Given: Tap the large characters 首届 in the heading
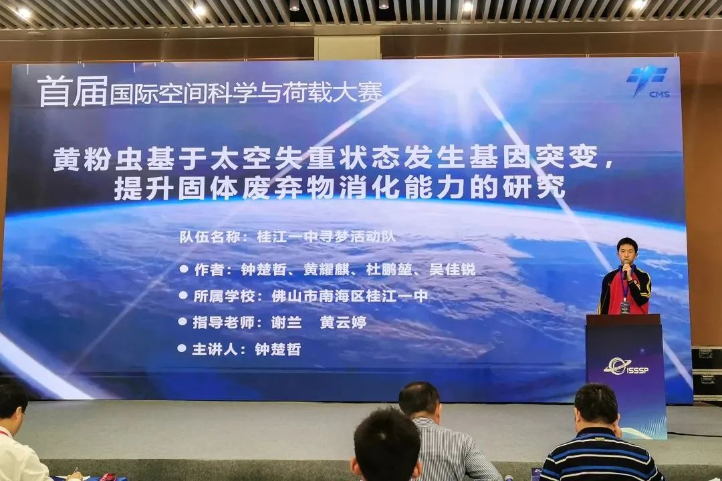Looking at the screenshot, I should click(x=72, y=92).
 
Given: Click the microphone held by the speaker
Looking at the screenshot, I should click(x=626, y=269).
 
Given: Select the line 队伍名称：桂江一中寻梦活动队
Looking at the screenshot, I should click(x=292, y=236).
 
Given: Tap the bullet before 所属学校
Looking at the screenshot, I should click(x=183, y=295).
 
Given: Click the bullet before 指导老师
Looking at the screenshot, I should click(x=183, y=321).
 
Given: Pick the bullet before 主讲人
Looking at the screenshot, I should click(x=182, y=348).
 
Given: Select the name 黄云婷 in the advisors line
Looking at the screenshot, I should click(x=343, y=322).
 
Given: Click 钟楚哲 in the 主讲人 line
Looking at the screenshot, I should click(x=278, y=349).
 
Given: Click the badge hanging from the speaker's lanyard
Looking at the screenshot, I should click(x=625, y=307).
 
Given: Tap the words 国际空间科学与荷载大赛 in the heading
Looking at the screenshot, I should click(x=246, y=93).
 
